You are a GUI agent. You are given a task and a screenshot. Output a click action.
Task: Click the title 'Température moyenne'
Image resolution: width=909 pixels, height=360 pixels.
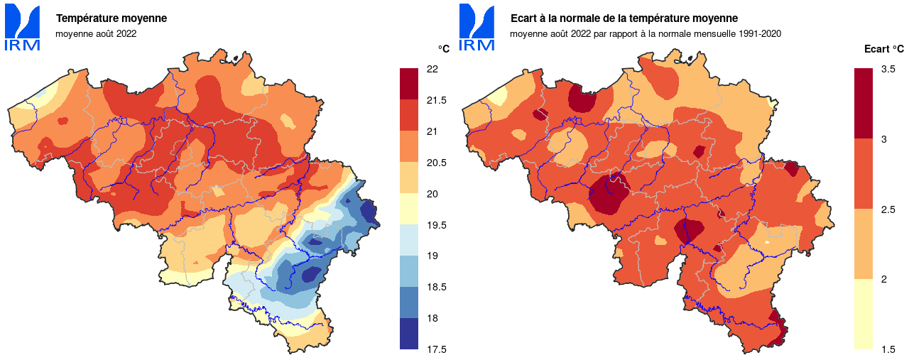111,18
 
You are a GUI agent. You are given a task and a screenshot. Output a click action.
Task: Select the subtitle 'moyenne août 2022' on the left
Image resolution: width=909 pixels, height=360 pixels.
96,33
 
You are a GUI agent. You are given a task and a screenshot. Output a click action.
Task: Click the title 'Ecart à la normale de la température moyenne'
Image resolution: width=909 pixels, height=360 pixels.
624,18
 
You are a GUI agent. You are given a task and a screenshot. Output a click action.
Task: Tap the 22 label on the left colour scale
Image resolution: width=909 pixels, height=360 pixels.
432,69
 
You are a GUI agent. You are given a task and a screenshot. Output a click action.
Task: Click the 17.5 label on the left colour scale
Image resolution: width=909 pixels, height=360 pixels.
436,349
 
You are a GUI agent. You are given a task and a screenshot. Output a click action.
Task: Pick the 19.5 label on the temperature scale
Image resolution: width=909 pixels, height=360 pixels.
436,225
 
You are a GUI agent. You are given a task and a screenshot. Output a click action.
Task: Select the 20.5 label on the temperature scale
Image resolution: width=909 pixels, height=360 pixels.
436,163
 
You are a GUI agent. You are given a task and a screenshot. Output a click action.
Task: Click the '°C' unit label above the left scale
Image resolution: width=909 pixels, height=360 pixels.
443,49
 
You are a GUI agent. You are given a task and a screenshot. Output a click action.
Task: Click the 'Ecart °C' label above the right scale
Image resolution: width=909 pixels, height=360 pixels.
883,49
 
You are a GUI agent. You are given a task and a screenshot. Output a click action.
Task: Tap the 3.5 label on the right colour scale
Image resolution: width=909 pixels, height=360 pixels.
888,69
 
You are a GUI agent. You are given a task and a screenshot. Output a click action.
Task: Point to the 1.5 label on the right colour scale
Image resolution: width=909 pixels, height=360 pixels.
888,349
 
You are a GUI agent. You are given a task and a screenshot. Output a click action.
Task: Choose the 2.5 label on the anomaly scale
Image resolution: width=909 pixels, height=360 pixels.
888,209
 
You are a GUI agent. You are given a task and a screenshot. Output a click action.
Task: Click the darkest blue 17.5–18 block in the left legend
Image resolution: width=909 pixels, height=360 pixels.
409,334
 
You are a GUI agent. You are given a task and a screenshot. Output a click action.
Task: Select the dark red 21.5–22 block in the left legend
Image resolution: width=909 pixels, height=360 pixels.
409,84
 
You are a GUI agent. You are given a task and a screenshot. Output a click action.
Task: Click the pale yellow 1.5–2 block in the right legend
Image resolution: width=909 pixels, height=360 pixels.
863,314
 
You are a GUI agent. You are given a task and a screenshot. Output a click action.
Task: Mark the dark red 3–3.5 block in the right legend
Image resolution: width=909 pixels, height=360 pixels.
863,103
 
